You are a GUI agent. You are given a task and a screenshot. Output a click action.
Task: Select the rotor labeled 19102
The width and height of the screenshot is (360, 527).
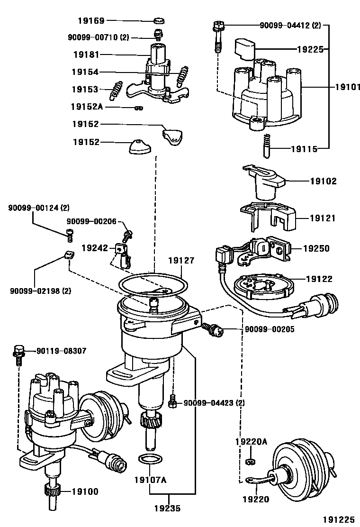tap(263, 183)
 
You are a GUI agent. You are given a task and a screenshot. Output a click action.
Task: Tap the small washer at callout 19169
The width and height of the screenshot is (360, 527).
tap(160, 21)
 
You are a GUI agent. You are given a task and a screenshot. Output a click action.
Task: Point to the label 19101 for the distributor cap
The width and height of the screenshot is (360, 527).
tap(348, 87)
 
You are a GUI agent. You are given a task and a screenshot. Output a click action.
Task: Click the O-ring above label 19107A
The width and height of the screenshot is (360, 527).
tap(149, 459)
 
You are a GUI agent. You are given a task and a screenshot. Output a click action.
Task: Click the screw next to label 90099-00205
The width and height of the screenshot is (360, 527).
tap(212, 329)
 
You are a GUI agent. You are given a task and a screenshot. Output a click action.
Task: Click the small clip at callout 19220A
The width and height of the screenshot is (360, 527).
tap(251, 462)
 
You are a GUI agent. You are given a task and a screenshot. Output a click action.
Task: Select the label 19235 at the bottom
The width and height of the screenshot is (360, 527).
tap(167, 509)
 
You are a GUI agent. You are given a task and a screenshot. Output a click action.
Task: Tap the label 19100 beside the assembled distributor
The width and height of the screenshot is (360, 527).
tap(85, 491)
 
